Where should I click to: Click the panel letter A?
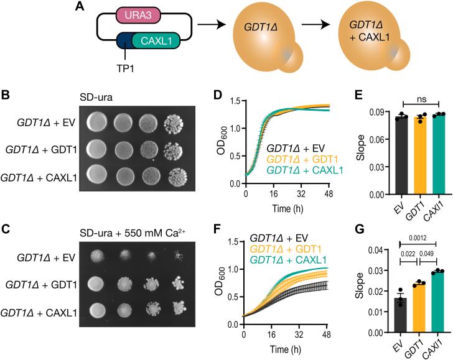[x=78, y=7]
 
